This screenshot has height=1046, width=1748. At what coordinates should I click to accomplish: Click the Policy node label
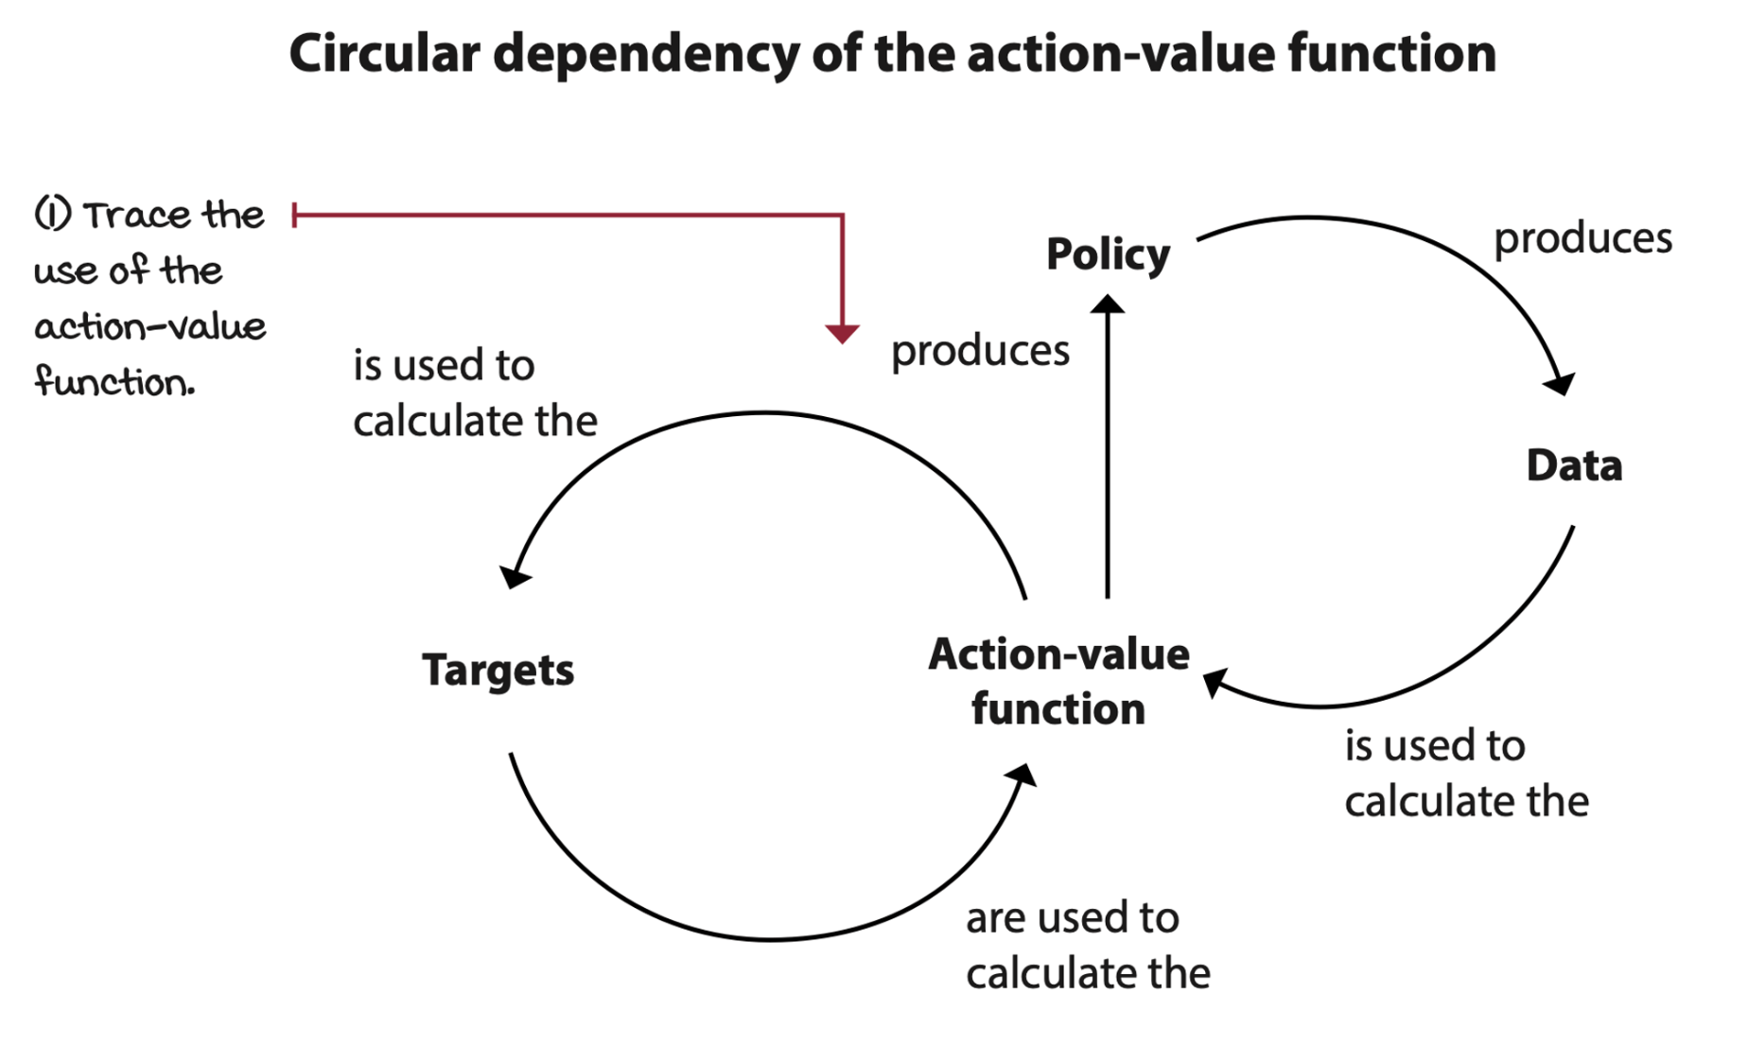coord(1108,254)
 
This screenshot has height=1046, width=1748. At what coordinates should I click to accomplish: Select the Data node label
coord(1574,465)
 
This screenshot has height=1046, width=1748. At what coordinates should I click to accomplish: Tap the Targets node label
coord(498,671)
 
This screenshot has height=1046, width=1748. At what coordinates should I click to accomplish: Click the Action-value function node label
coord(1058,681)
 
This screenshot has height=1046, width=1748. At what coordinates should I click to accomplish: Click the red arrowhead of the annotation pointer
coord(842,333)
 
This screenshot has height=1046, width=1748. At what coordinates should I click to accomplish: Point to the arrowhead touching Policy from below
coord(1108,305)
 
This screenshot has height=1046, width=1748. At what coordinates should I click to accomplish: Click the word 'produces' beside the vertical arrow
coord(980,351)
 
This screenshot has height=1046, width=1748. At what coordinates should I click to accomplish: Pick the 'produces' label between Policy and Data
coord(1582,238)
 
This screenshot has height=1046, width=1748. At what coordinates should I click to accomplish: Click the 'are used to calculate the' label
coord(1087,945)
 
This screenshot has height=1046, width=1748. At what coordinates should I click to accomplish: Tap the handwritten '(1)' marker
coord(53,214)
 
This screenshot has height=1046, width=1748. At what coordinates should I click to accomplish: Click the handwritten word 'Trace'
coord(135,216)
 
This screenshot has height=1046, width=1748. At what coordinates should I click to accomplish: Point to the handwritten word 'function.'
coord(114,382)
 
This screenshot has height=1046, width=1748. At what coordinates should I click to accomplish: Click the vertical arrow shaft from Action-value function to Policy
coord(1108,454)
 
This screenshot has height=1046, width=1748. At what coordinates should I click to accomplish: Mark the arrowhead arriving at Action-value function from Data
coord(1214,682)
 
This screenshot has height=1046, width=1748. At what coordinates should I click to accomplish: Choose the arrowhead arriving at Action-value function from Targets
coord(1023,776)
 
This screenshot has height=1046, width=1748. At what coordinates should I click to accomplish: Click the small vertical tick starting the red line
coord(295,215)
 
